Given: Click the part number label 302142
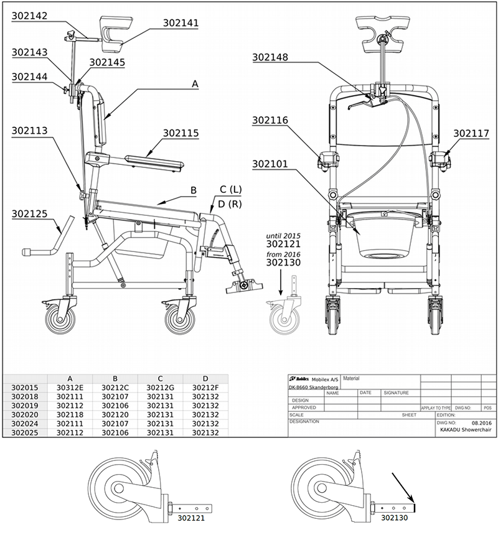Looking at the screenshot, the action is (29, 16).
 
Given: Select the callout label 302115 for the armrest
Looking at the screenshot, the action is (181, 133).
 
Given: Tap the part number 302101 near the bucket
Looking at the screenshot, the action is (270, 164).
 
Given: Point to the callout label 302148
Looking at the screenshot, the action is (270, 57).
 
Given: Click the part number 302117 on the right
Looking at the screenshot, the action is (471, 133).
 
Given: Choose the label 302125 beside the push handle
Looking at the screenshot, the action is (29, 214).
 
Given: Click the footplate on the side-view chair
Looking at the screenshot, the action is (245, 286).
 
